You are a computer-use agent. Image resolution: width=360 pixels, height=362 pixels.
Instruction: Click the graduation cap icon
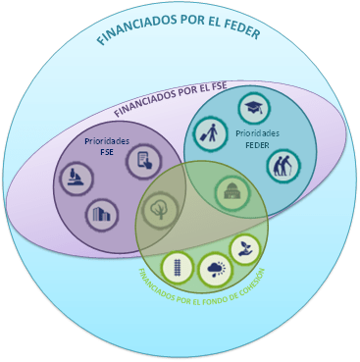click(x=254, y=109)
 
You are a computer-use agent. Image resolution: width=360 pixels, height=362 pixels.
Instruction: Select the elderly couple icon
click(x=283, y=165)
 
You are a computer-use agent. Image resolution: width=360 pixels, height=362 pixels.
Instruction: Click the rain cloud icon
click(x=213, y=268)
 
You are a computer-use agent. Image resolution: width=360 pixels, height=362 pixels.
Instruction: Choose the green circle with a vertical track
click(x=177, y=266)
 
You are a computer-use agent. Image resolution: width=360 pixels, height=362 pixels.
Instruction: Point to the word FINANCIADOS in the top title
click(x=134, y=33)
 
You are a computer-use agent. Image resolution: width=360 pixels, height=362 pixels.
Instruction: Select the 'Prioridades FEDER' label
click(x=258, y=137)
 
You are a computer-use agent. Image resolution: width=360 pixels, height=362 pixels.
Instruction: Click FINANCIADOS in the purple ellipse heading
click(x=149, y=100)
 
